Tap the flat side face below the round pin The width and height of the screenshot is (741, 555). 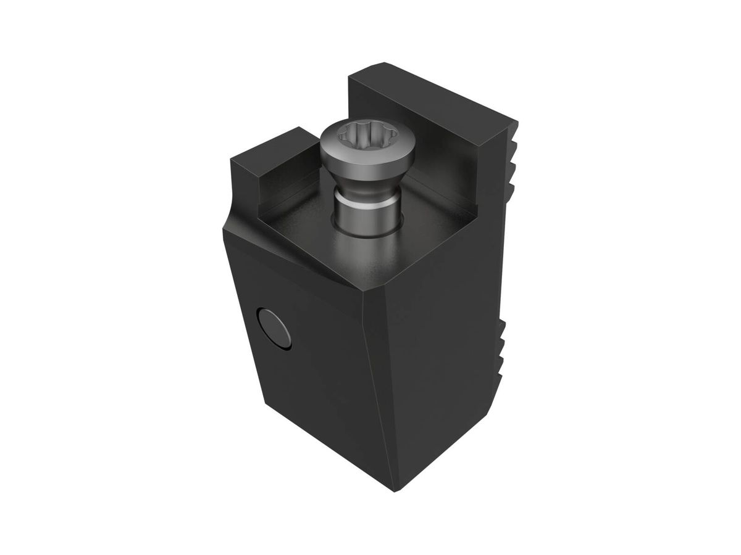(309, 401)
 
